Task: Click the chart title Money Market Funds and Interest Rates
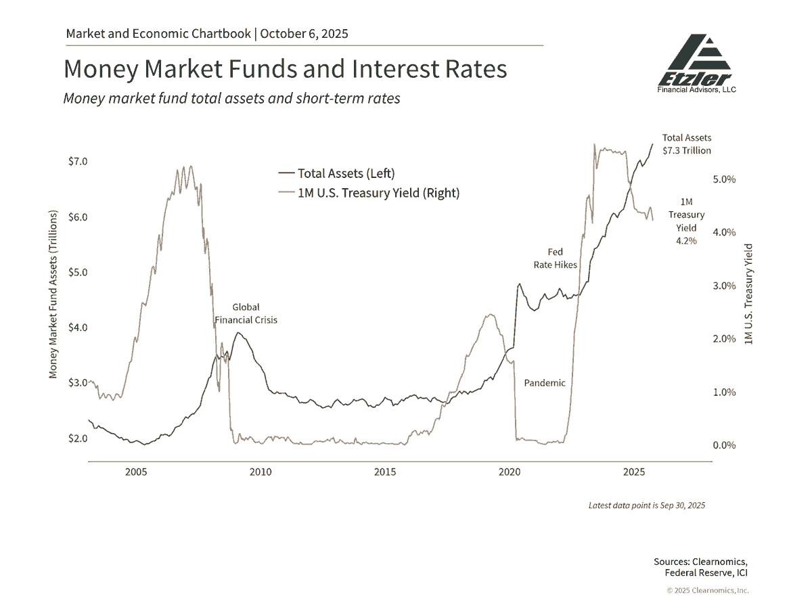pos(285,70)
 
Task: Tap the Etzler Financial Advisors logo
pos(697,64)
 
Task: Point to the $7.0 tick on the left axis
pos(78,162)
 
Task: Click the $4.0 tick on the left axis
pos(78,328)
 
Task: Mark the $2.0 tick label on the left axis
pos(78,438)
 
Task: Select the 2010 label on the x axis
pos(261,472)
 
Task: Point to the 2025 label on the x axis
pos(634,472)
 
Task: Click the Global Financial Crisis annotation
pos(246,313)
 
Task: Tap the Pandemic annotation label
pos(545,383)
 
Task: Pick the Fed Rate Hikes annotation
pos(555,258)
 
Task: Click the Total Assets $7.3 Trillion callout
pos(686,144)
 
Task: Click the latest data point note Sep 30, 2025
pos(646,505)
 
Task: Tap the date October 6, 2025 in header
pos(304,33)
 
